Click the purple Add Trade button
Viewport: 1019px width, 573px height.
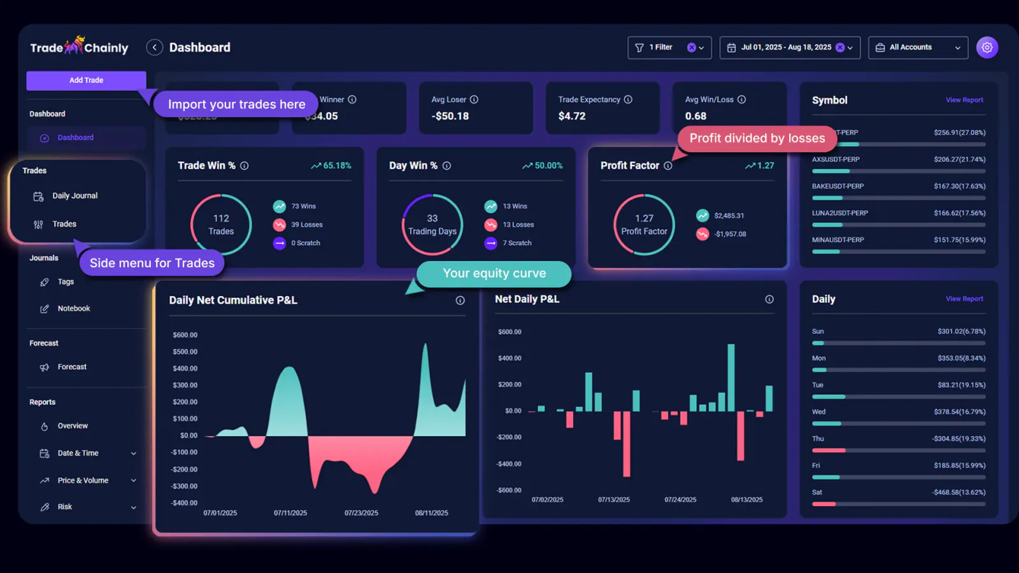[86, 80]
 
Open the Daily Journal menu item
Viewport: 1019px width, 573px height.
[75, 196]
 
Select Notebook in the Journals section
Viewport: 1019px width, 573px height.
[73, 309]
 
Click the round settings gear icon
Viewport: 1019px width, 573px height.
[987, 47]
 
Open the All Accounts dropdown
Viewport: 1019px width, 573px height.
[918, 48]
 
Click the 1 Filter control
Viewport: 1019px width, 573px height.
[669, 48]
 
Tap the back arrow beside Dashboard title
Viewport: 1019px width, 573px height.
[154, 48]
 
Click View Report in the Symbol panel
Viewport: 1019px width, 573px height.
[964, 100]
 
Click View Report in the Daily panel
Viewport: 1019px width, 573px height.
[964, 299]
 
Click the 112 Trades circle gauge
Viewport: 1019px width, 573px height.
[221, 225]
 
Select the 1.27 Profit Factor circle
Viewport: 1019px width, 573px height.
[644, 225]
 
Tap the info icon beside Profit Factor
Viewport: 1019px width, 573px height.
[667, 166]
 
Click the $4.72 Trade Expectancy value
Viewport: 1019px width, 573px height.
[571, 116]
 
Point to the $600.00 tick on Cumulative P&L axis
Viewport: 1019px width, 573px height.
[185, 335]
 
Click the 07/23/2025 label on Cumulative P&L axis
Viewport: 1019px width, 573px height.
[361, 513]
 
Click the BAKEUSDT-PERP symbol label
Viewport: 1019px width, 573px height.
[837, 187]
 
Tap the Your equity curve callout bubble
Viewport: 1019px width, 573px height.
[494, 274]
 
